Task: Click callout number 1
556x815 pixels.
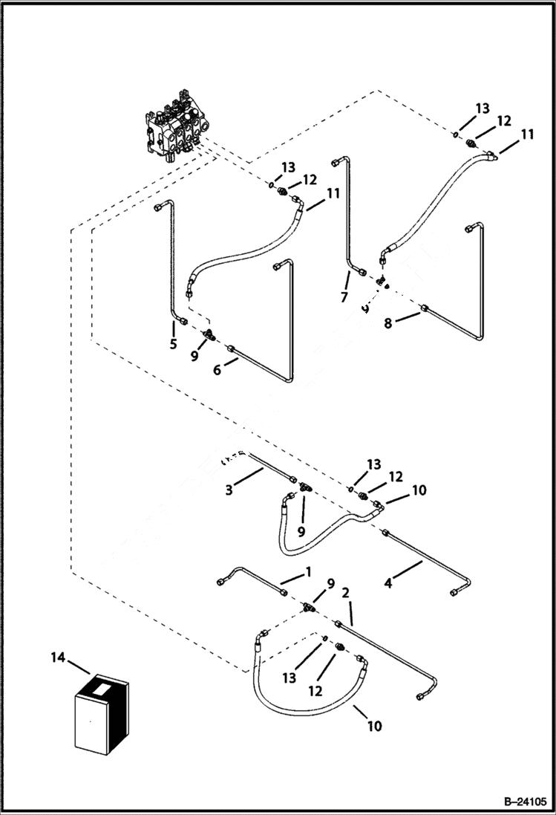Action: (x=307, y=573)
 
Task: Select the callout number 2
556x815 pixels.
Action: (x=346, y=594)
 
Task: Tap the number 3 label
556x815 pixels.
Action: (x=230, y=490)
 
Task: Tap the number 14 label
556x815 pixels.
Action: (x=57, y=657)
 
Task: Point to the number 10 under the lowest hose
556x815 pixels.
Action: (x=375, y=726)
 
